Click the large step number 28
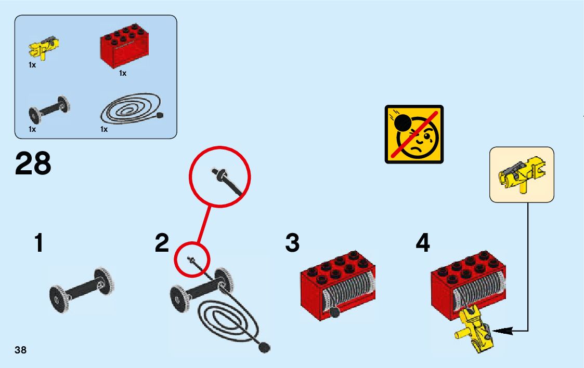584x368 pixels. click(x=33, y=163)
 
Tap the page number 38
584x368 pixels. click(x=20, y=350)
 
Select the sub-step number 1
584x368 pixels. click(x=38, y=243)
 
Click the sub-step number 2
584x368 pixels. click(x=162, y=243)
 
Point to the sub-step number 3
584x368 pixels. click(x=292, y=243)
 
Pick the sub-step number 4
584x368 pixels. click(x=423, y=243)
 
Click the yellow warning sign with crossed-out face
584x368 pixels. click(x=414, y=134)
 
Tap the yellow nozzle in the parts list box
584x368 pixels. click(x=44, y=48)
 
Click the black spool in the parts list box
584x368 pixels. click(x=49, y=107)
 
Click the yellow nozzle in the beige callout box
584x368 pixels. click(x=522, y=174)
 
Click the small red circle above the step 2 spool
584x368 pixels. click(x=191, y=259)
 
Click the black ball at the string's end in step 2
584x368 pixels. click(x=265, y=347)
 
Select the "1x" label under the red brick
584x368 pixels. click(x=123, y=73)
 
